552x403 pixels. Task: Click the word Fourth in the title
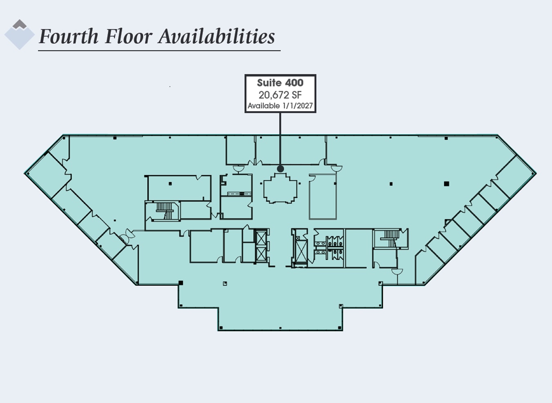[x=68, y=36]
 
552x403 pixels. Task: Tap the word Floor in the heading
[x=128, y=36]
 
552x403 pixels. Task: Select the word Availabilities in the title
[x=216, y=36]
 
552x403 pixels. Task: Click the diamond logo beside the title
[x=19, y=35]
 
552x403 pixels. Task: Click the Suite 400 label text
[x=280, y=83]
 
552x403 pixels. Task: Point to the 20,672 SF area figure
[x=280, y=95]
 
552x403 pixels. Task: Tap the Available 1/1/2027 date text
[x=280, y=106]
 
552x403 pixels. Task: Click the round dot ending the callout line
[x=280, y=169]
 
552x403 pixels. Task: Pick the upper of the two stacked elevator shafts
[x=260, y=237]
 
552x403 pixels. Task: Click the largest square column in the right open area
[x=446, y=184]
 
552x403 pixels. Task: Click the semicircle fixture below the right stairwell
[x=397, y=272]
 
